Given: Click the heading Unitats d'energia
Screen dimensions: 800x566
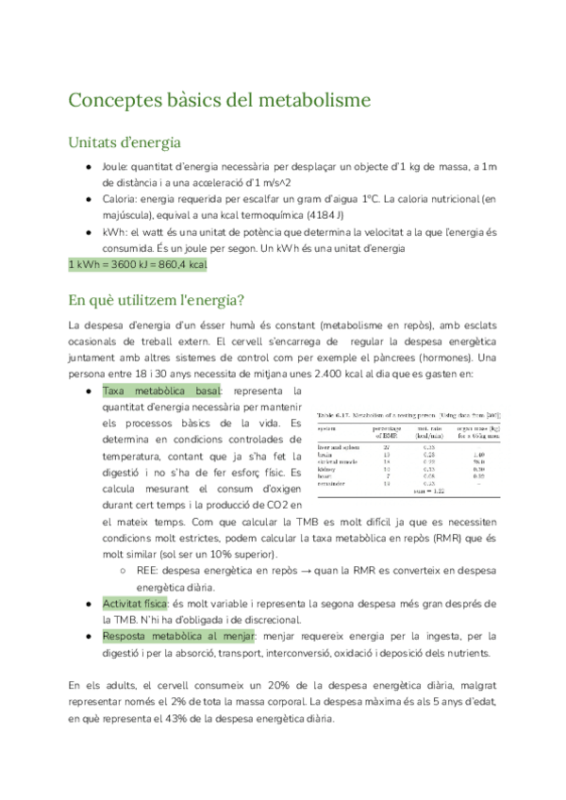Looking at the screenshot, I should [125, 142].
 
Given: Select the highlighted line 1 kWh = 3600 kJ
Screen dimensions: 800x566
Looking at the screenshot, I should [138, 264].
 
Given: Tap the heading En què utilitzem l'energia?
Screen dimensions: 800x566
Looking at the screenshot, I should [157, 300].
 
